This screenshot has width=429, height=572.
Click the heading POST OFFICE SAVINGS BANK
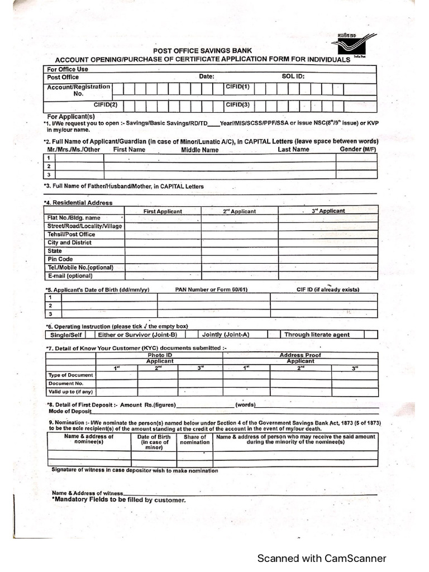[203, 51]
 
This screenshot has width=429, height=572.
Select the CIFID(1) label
[237, 88]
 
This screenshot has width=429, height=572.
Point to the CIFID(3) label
[237, 104]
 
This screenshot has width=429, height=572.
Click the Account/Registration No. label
[78, 90]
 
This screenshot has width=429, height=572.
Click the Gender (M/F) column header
[358, 150]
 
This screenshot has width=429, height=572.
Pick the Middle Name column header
[199, 150]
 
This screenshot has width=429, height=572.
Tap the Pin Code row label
[60, 259]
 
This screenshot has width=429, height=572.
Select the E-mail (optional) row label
[70, 275]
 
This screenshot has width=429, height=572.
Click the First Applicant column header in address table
[163, 211]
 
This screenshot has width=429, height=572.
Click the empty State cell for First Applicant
[163, 251]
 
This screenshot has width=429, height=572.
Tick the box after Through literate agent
[370, 335]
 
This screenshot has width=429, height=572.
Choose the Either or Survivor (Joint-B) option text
[137, 335]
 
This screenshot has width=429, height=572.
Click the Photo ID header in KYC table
[160, 355]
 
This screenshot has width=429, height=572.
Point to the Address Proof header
[300, 355]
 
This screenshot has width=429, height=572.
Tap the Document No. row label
[65, 384]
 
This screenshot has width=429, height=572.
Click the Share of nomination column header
[194, 440]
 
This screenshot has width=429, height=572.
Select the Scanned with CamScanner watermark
[321, 558]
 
